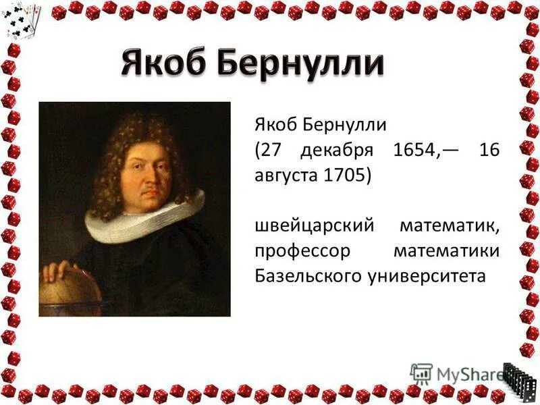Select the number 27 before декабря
coord(271,151)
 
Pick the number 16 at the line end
coord(489,151)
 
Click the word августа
coord(286,175)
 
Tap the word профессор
coord(303,251)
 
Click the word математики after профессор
coord(446,251)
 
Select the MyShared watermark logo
coord(456,373)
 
